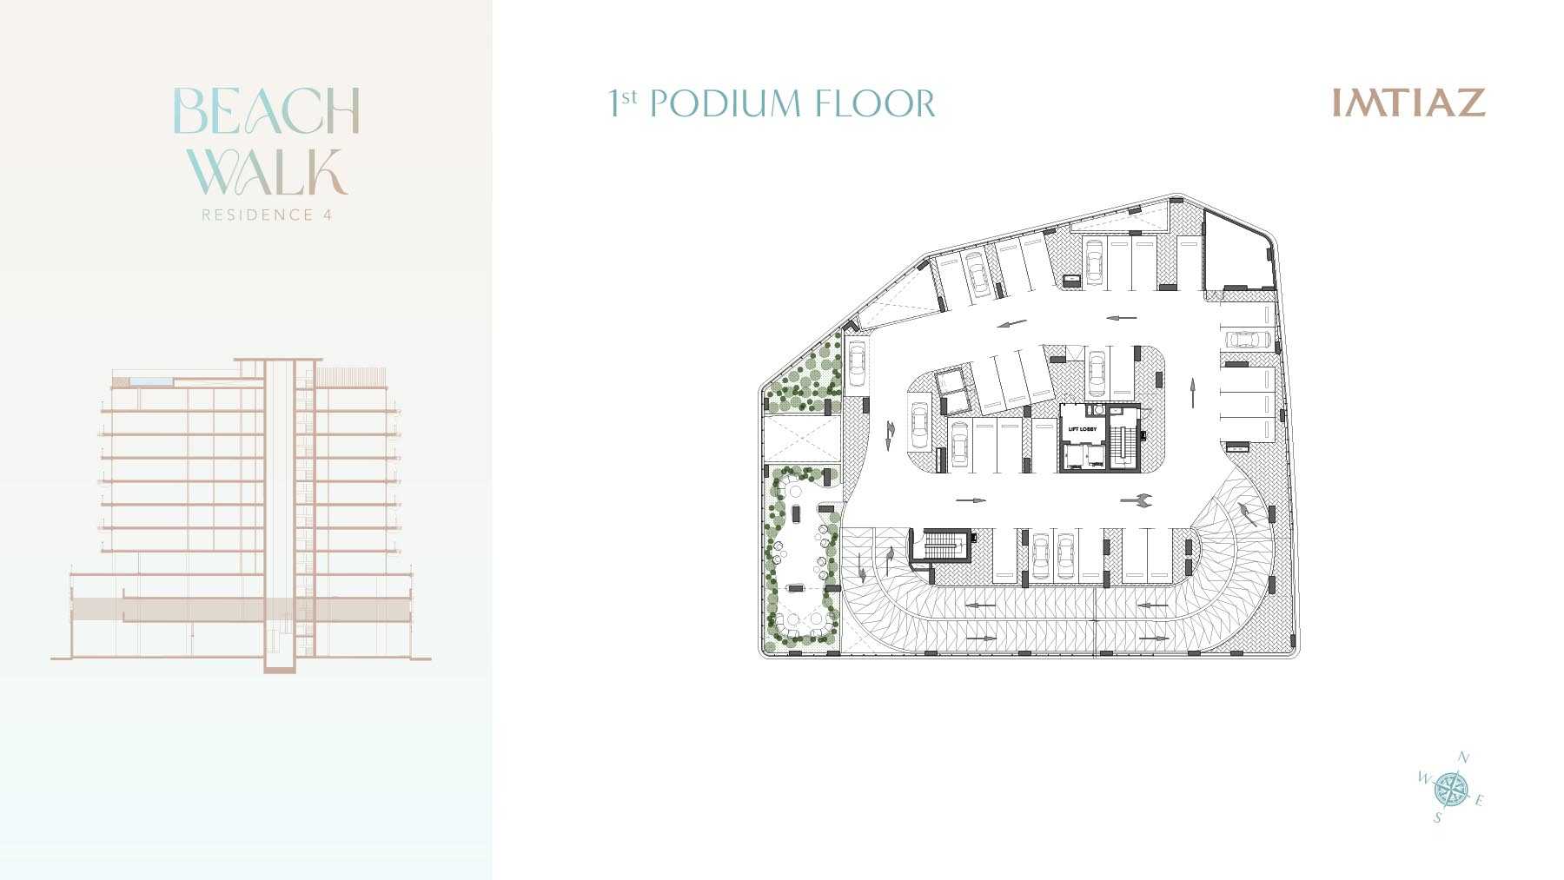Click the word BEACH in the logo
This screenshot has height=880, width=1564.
[x=267, y=111]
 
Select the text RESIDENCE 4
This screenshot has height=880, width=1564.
[x=267, y=215]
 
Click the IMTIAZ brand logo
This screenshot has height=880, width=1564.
[x=1408, y=103]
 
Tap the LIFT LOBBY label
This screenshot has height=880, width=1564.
[x=1082, y=429]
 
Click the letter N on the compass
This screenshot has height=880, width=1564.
[x=1463, y=758]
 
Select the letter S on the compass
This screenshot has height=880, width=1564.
[x=1438, y=817]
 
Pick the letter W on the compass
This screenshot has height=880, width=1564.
[x=1424, y=777]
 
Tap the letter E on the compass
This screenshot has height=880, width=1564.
[x=1479, y=800]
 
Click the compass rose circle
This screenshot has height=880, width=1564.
[x=1450, y=789]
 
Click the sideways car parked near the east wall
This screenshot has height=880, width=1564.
[x=1248, y=338]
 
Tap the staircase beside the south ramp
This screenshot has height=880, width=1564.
[x=940, y=546]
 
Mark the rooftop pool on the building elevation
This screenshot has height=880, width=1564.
[x=152, y=381]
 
